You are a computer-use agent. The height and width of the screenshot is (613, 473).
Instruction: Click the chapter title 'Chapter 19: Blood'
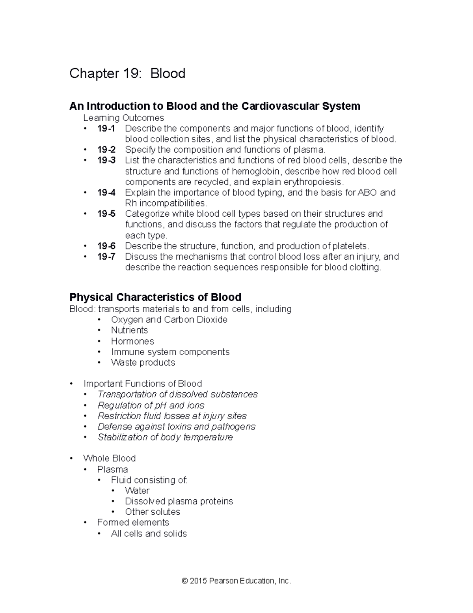coord(127,73)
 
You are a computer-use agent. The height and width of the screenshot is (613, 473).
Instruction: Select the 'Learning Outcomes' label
coord(123,118)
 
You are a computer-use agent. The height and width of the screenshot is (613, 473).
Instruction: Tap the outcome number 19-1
coord(106,128)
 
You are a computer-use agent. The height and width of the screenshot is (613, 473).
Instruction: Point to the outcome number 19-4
coord(106,193)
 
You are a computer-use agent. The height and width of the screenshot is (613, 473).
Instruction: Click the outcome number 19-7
coord(106,257)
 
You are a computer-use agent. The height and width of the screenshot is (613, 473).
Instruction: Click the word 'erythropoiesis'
coord(313,182)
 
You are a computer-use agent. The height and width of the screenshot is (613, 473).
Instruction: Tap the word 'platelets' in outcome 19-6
coord(350,246)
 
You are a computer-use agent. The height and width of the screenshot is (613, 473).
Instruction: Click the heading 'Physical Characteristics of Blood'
coord(155,297)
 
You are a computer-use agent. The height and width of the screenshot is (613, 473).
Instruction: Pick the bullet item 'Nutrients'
coord(129,330)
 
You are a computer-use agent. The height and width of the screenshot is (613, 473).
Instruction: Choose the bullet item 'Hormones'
coord(132,341)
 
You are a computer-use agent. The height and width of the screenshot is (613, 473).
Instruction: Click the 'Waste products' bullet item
coord(143,362)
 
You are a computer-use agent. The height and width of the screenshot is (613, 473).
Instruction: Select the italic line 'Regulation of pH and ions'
coord(151,405)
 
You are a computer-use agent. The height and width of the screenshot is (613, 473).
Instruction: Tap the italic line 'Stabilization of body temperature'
coord(165,437)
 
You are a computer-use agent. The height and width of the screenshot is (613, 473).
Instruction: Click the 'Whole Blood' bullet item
coord(109,458)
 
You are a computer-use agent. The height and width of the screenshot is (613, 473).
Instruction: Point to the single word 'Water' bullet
coord(137,491)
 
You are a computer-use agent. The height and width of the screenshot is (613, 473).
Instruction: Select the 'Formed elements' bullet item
coord(133,523)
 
